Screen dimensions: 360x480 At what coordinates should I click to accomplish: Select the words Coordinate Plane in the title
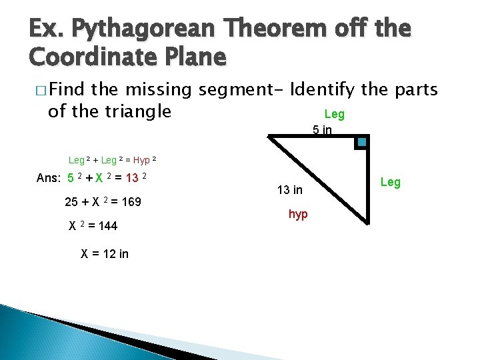(128, 58)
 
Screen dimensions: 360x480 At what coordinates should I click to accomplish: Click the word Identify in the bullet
(324, 89)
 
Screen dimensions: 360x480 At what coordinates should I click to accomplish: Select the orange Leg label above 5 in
(334, 114)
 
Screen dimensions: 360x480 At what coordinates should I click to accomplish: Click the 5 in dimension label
(323, 130)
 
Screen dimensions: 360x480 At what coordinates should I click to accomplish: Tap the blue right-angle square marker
(361, 142)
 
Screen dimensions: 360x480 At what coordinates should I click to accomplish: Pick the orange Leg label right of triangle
(390, 182)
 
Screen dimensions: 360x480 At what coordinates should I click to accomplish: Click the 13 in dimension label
(289, 190)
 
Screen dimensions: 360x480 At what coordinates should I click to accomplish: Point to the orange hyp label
(297, 215)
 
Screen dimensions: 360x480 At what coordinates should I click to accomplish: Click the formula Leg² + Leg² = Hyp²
(113, 160)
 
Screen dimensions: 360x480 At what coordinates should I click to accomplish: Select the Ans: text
(49, 178)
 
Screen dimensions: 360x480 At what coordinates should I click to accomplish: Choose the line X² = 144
(93, 226)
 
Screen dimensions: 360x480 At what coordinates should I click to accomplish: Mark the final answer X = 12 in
(105, 253)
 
